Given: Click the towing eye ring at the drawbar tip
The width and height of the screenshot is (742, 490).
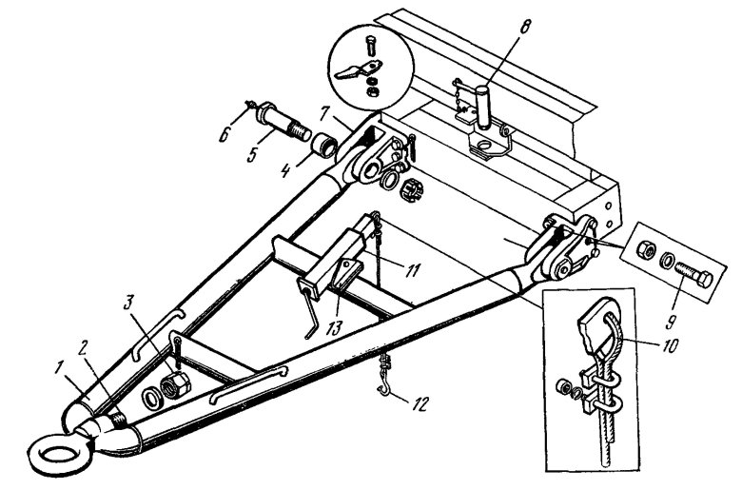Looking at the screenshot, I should pyautogui.click(x=48, y=447).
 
